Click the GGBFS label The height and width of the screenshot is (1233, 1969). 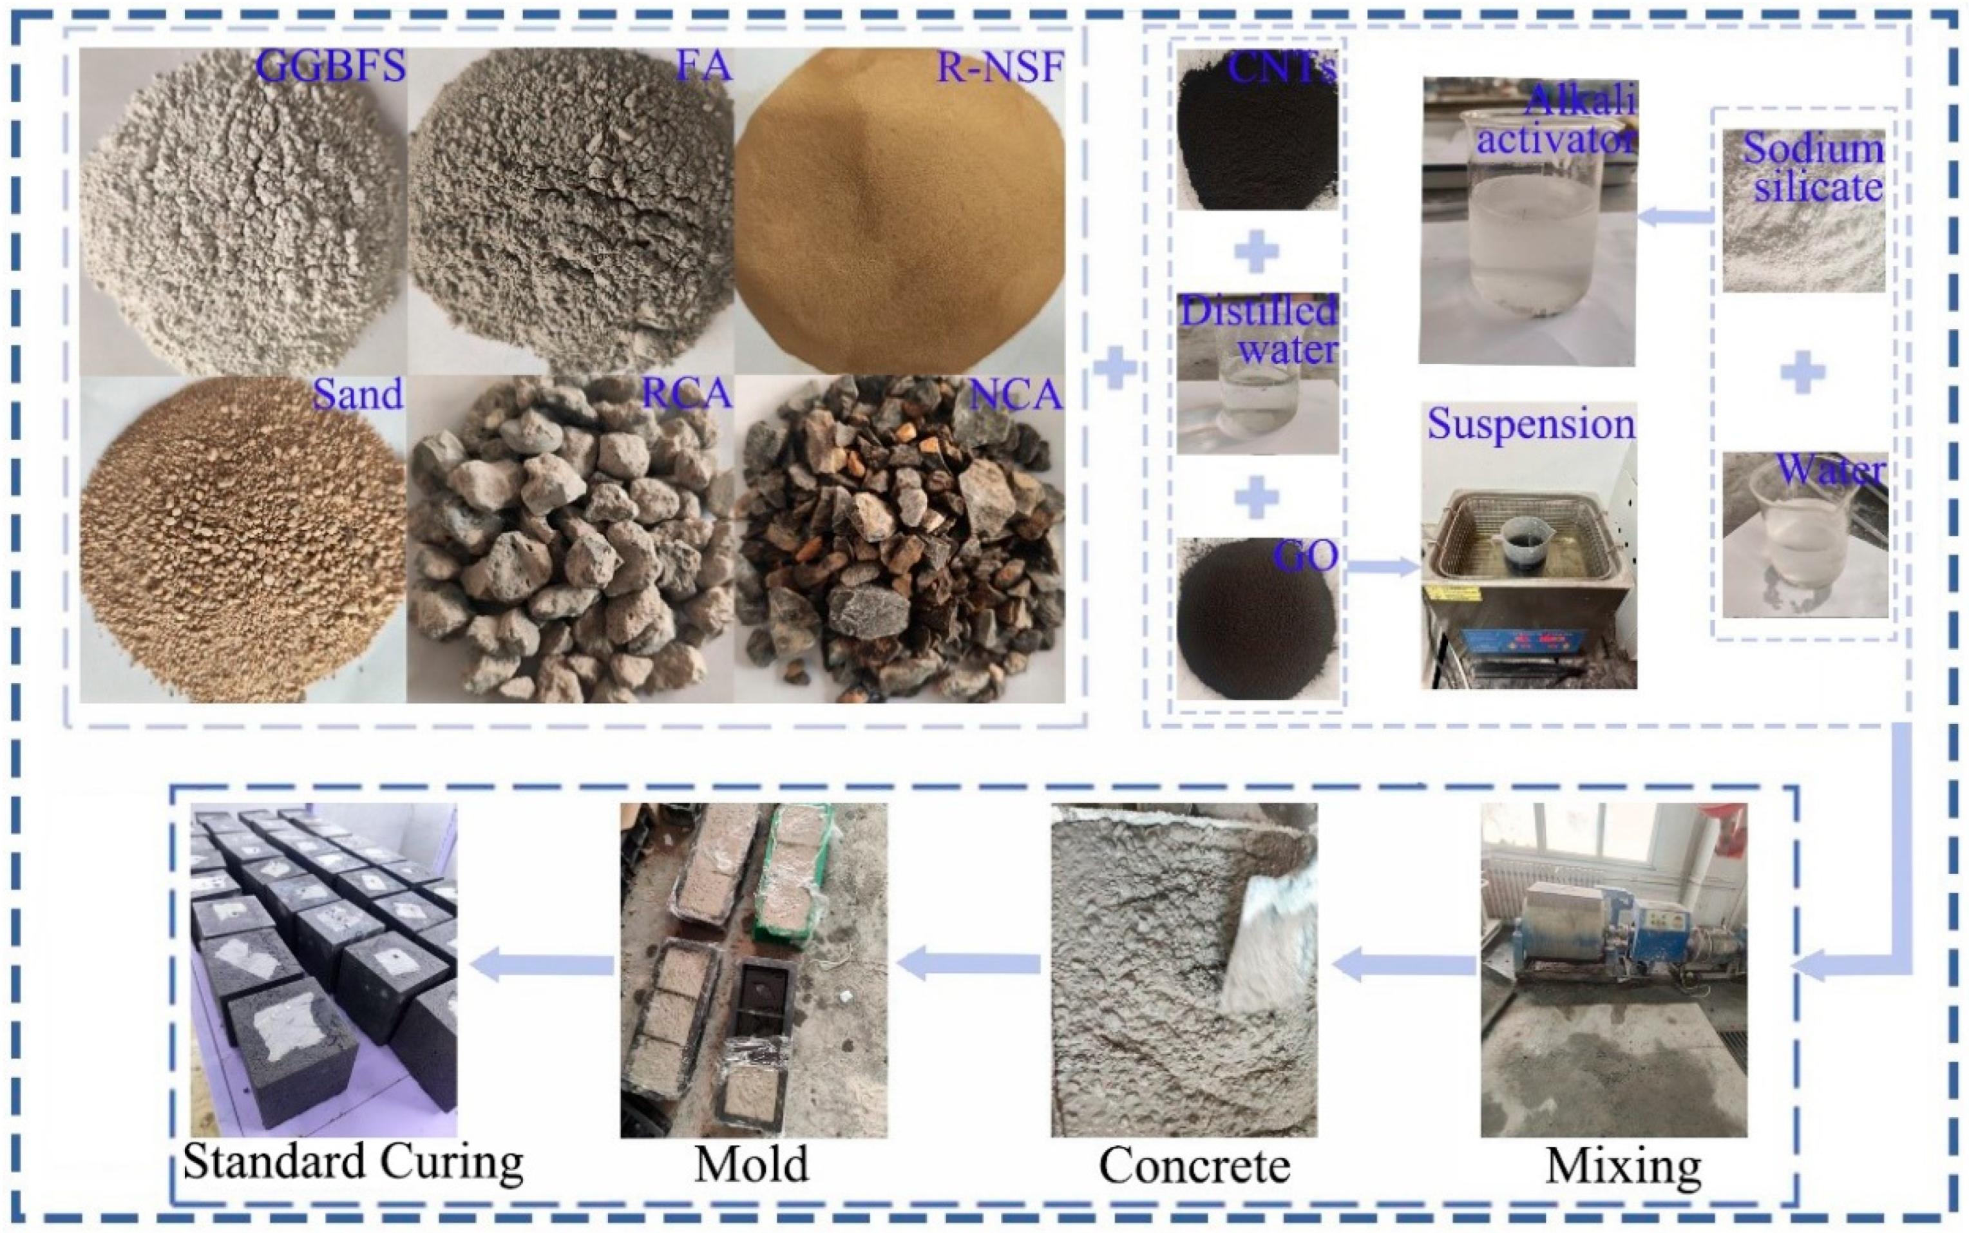coord(330,65)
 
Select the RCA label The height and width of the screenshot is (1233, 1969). coord(687,395)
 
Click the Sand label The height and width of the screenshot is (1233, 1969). coord(358,395)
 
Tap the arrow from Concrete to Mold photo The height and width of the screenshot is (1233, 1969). coord(969,965)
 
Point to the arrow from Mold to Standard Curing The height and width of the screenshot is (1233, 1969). coord(542,966)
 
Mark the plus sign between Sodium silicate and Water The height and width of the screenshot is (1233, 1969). coord(1803,374)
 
